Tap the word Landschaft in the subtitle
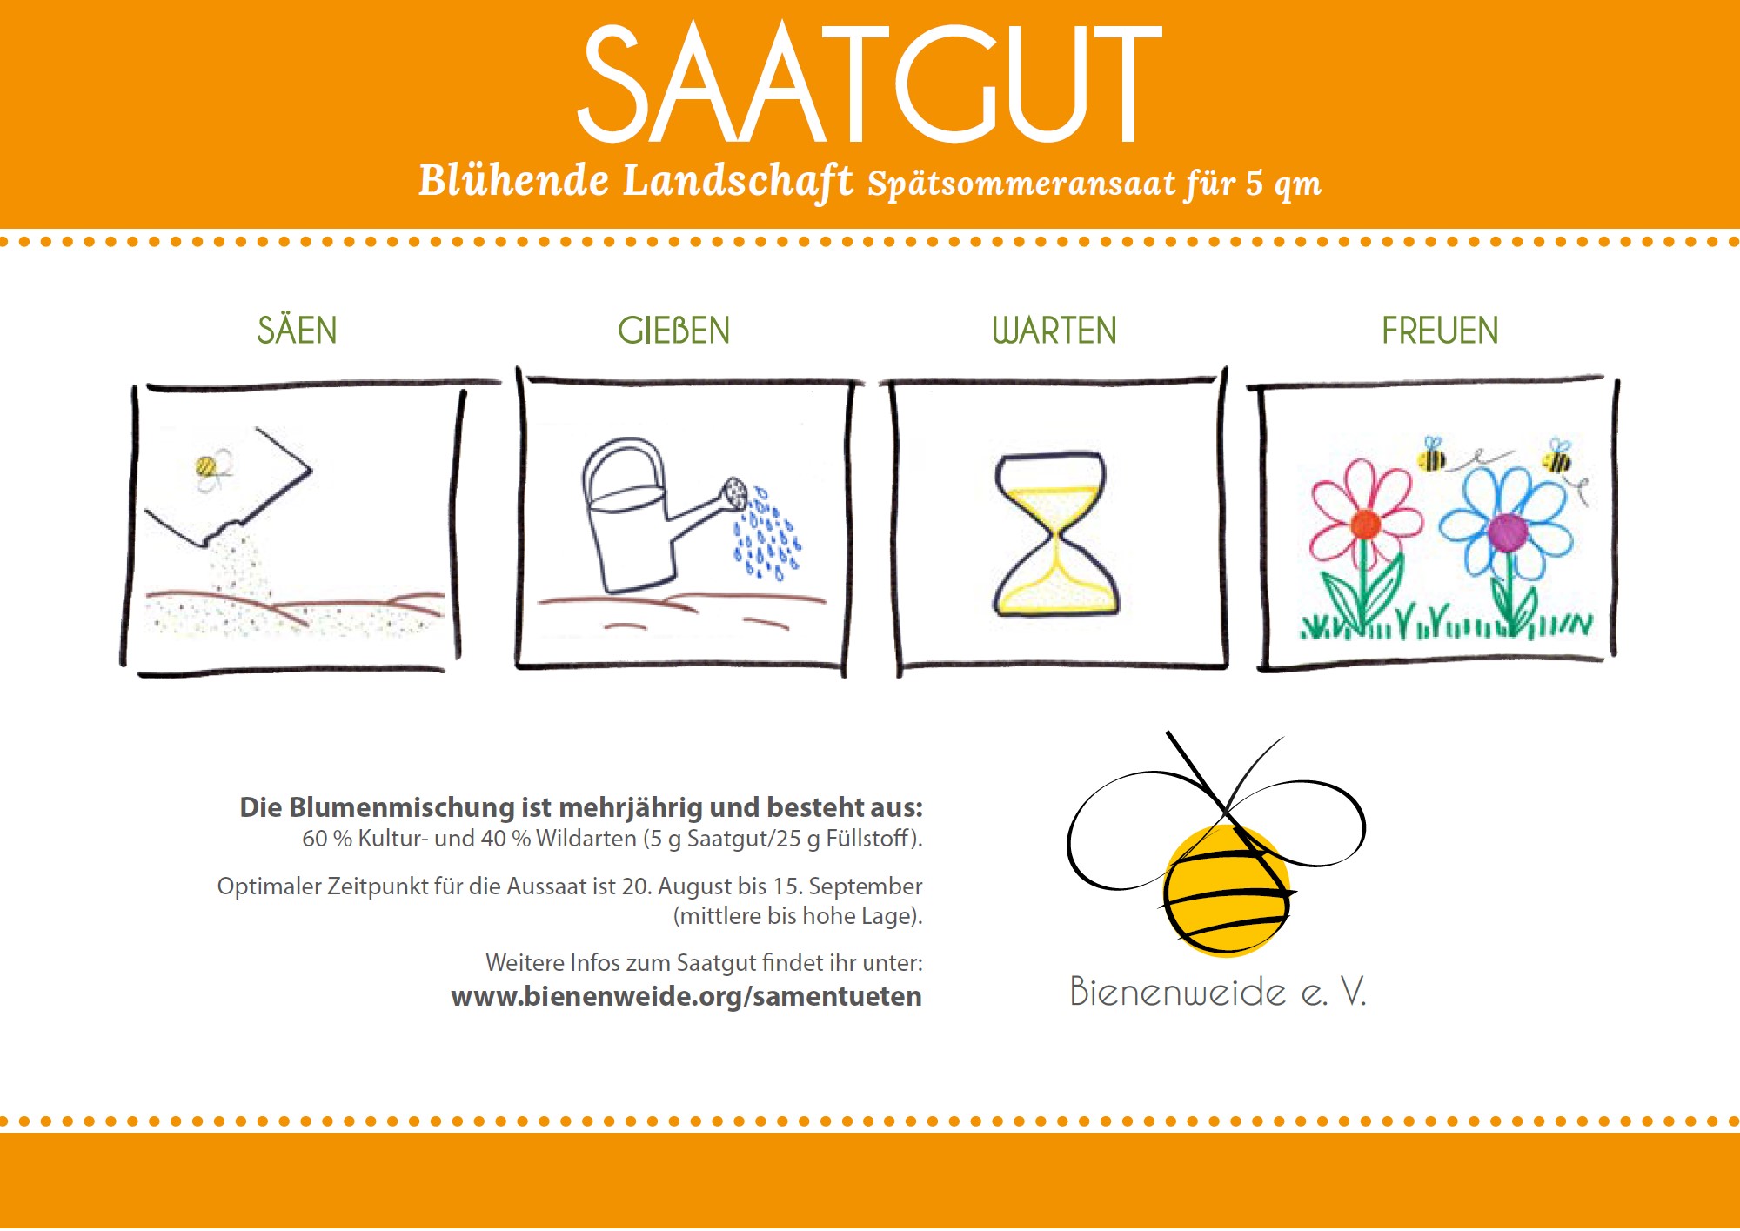pos(738,182)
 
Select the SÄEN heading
pos(297,330)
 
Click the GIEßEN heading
pos(674,331)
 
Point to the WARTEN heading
pos(1054,331)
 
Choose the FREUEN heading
pos(1440,331)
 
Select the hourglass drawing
pos(1054,533)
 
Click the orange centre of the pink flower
pos(1364,525)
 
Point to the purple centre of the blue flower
pos(1508,532)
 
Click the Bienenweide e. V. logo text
pos(1218,991)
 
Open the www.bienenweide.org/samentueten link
pos(686,996)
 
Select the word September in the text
pos(866,886)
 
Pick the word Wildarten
pos(586,839)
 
